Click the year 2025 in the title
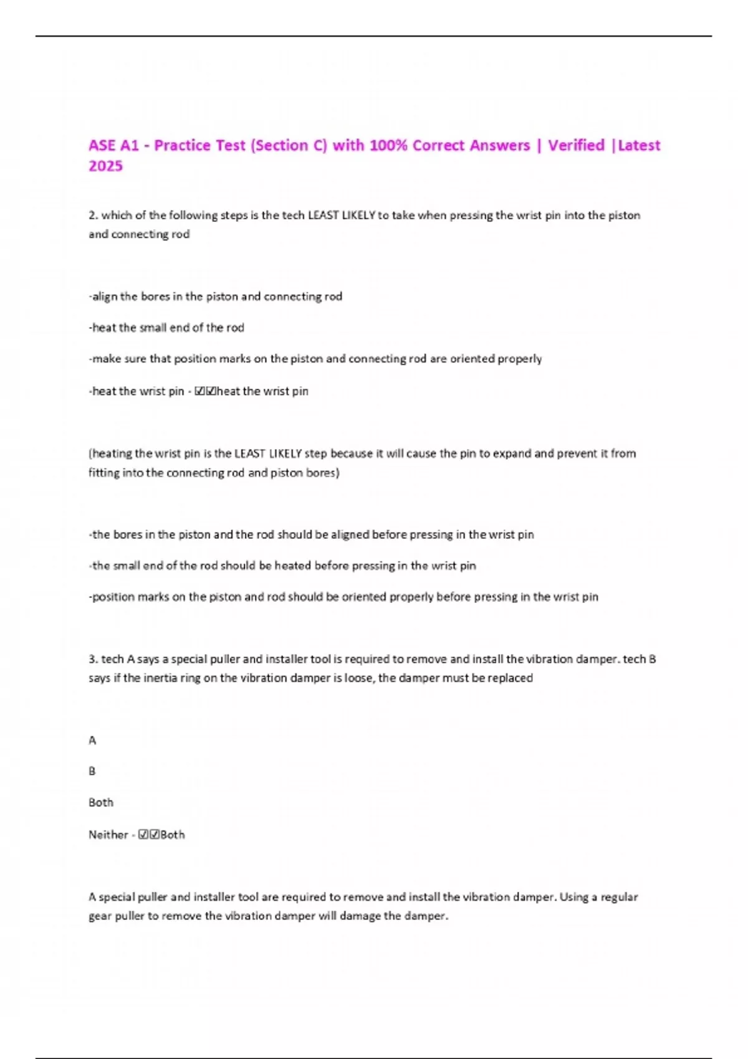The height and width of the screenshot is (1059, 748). click(105, 166)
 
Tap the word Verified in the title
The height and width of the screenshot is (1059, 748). click(576, 145)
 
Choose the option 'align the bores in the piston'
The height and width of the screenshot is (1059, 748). click(216, 297)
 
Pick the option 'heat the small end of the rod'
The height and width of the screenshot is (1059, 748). click(166, 328)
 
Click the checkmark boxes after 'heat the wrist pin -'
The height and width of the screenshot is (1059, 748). click(205, 391)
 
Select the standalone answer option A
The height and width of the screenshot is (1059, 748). click(92, 740)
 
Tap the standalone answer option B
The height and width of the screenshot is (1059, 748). click(92, 771)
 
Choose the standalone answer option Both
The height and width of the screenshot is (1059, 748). click(101, 802)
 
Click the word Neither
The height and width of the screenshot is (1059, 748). click(108, 835)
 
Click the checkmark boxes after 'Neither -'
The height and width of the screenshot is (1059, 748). click(149, 835)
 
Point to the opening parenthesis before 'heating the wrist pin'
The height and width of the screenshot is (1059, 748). click(90, 454)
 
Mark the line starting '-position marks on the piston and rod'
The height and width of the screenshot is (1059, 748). click(343, 597)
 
